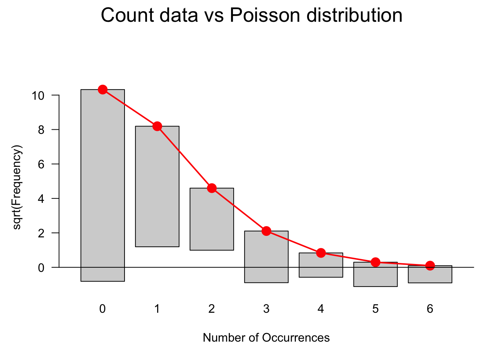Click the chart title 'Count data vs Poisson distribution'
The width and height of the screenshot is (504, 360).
252,16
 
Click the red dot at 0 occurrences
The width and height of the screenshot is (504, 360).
103,90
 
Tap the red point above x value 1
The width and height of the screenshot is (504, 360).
157,126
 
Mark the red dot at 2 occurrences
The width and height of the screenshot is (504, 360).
212,188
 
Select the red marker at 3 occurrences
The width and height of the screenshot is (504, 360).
266,231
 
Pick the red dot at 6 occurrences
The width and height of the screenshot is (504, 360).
430,265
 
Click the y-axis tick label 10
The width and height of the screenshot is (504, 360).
38,96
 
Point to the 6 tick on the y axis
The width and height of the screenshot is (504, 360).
41,164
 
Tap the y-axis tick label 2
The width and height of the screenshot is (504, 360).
41,233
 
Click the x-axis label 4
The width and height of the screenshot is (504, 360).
321,309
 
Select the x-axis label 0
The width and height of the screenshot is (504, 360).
103,309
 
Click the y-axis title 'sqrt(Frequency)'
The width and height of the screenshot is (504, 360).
18,187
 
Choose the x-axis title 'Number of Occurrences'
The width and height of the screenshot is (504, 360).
266,338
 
